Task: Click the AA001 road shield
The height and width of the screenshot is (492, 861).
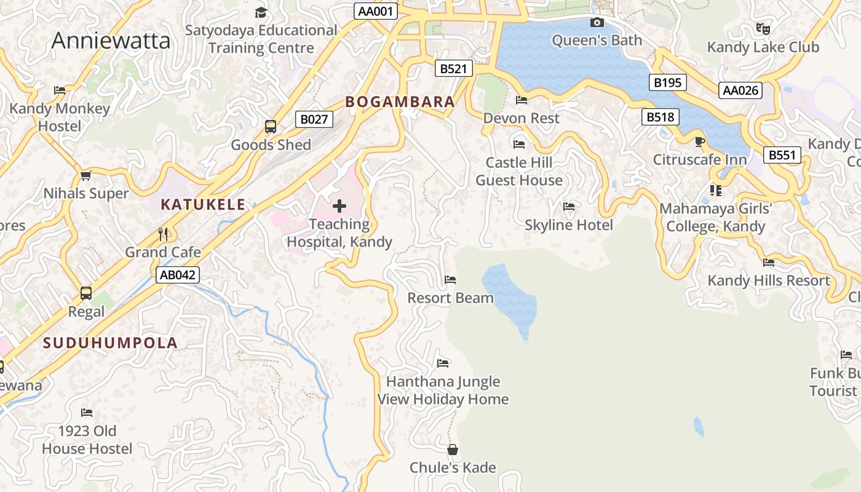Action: tap(376, 11)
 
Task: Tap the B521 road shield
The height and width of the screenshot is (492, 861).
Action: tap(454, 68)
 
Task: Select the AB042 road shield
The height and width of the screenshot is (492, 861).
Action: tap(178, 275)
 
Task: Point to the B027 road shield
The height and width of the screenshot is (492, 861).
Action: tap(314, 119)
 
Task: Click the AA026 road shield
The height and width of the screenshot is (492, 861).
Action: tap(740, 90)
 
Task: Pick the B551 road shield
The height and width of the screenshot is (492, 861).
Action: tap(782, 155)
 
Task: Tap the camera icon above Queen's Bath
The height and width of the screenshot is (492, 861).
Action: tap(597, 23)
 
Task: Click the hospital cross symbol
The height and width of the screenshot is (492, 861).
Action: tap(339, 206)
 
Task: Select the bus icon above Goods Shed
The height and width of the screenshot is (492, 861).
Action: tap(271, 127)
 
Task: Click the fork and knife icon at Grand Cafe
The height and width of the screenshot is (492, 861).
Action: tap(163, 234)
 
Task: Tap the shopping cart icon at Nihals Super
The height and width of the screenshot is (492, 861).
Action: tap(86, 175)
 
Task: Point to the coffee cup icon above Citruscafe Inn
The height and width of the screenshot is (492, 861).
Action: tap(699, 142)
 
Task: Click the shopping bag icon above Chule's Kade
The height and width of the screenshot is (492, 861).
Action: tap(453, 450)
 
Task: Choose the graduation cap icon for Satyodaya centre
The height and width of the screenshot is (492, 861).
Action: tap(261, 12)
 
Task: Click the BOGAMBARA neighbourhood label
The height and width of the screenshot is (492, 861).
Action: tap(400, 102)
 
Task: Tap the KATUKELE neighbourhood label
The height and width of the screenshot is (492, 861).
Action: tap(203, 205)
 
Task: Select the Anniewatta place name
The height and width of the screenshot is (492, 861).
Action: tap(111, 41)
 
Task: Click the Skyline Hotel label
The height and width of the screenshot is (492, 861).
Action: tap(569, 225)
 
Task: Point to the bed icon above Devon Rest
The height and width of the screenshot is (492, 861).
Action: tap(522, 100)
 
